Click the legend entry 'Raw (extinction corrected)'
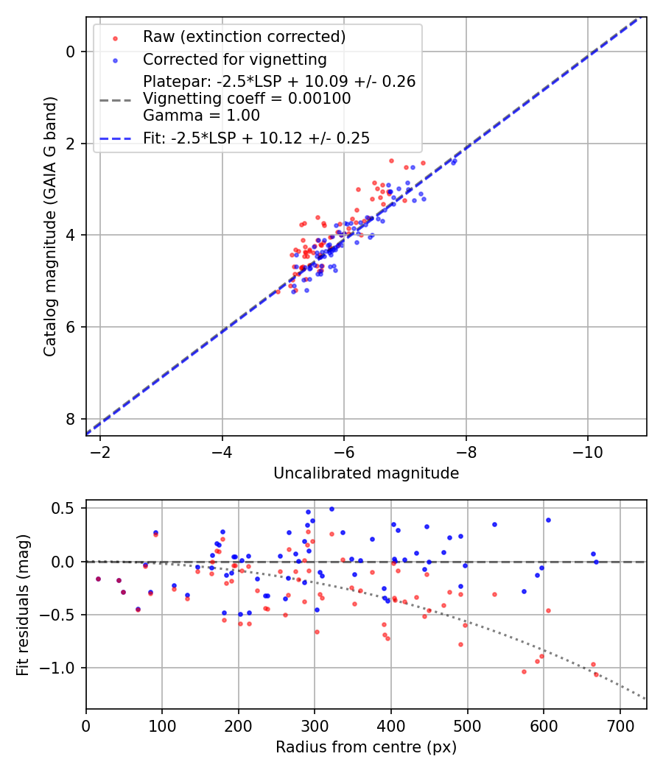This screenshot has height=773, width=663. click(244, 37)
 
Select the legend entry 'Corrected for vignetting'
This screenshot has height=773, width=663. click(234, 59)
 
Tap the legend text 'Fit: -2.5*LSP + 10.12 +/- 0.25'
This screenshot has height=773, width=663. click(256, 138)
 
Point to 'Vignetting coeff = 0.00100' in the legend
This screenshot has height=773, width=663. click(247, 99)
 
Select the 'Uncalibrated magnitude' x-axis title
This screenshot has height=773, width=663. click(366, 473)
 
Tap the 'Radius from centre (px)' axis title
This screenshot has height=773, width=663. click(366, 747)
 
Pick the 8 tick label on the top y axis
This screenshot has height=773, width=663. click(70, 419)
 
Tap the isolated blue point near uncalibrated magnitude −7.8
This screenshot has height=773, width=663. click(454, 161)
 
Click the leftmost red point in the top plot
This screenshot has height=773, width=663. click(278, 292)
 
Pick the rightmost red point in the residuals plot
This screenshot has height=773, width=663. click(596, 674)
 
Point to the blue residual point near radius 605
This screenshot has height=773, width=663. click(548, 520)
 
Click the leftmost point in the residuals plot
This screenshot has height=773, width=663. click(98, 579)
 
